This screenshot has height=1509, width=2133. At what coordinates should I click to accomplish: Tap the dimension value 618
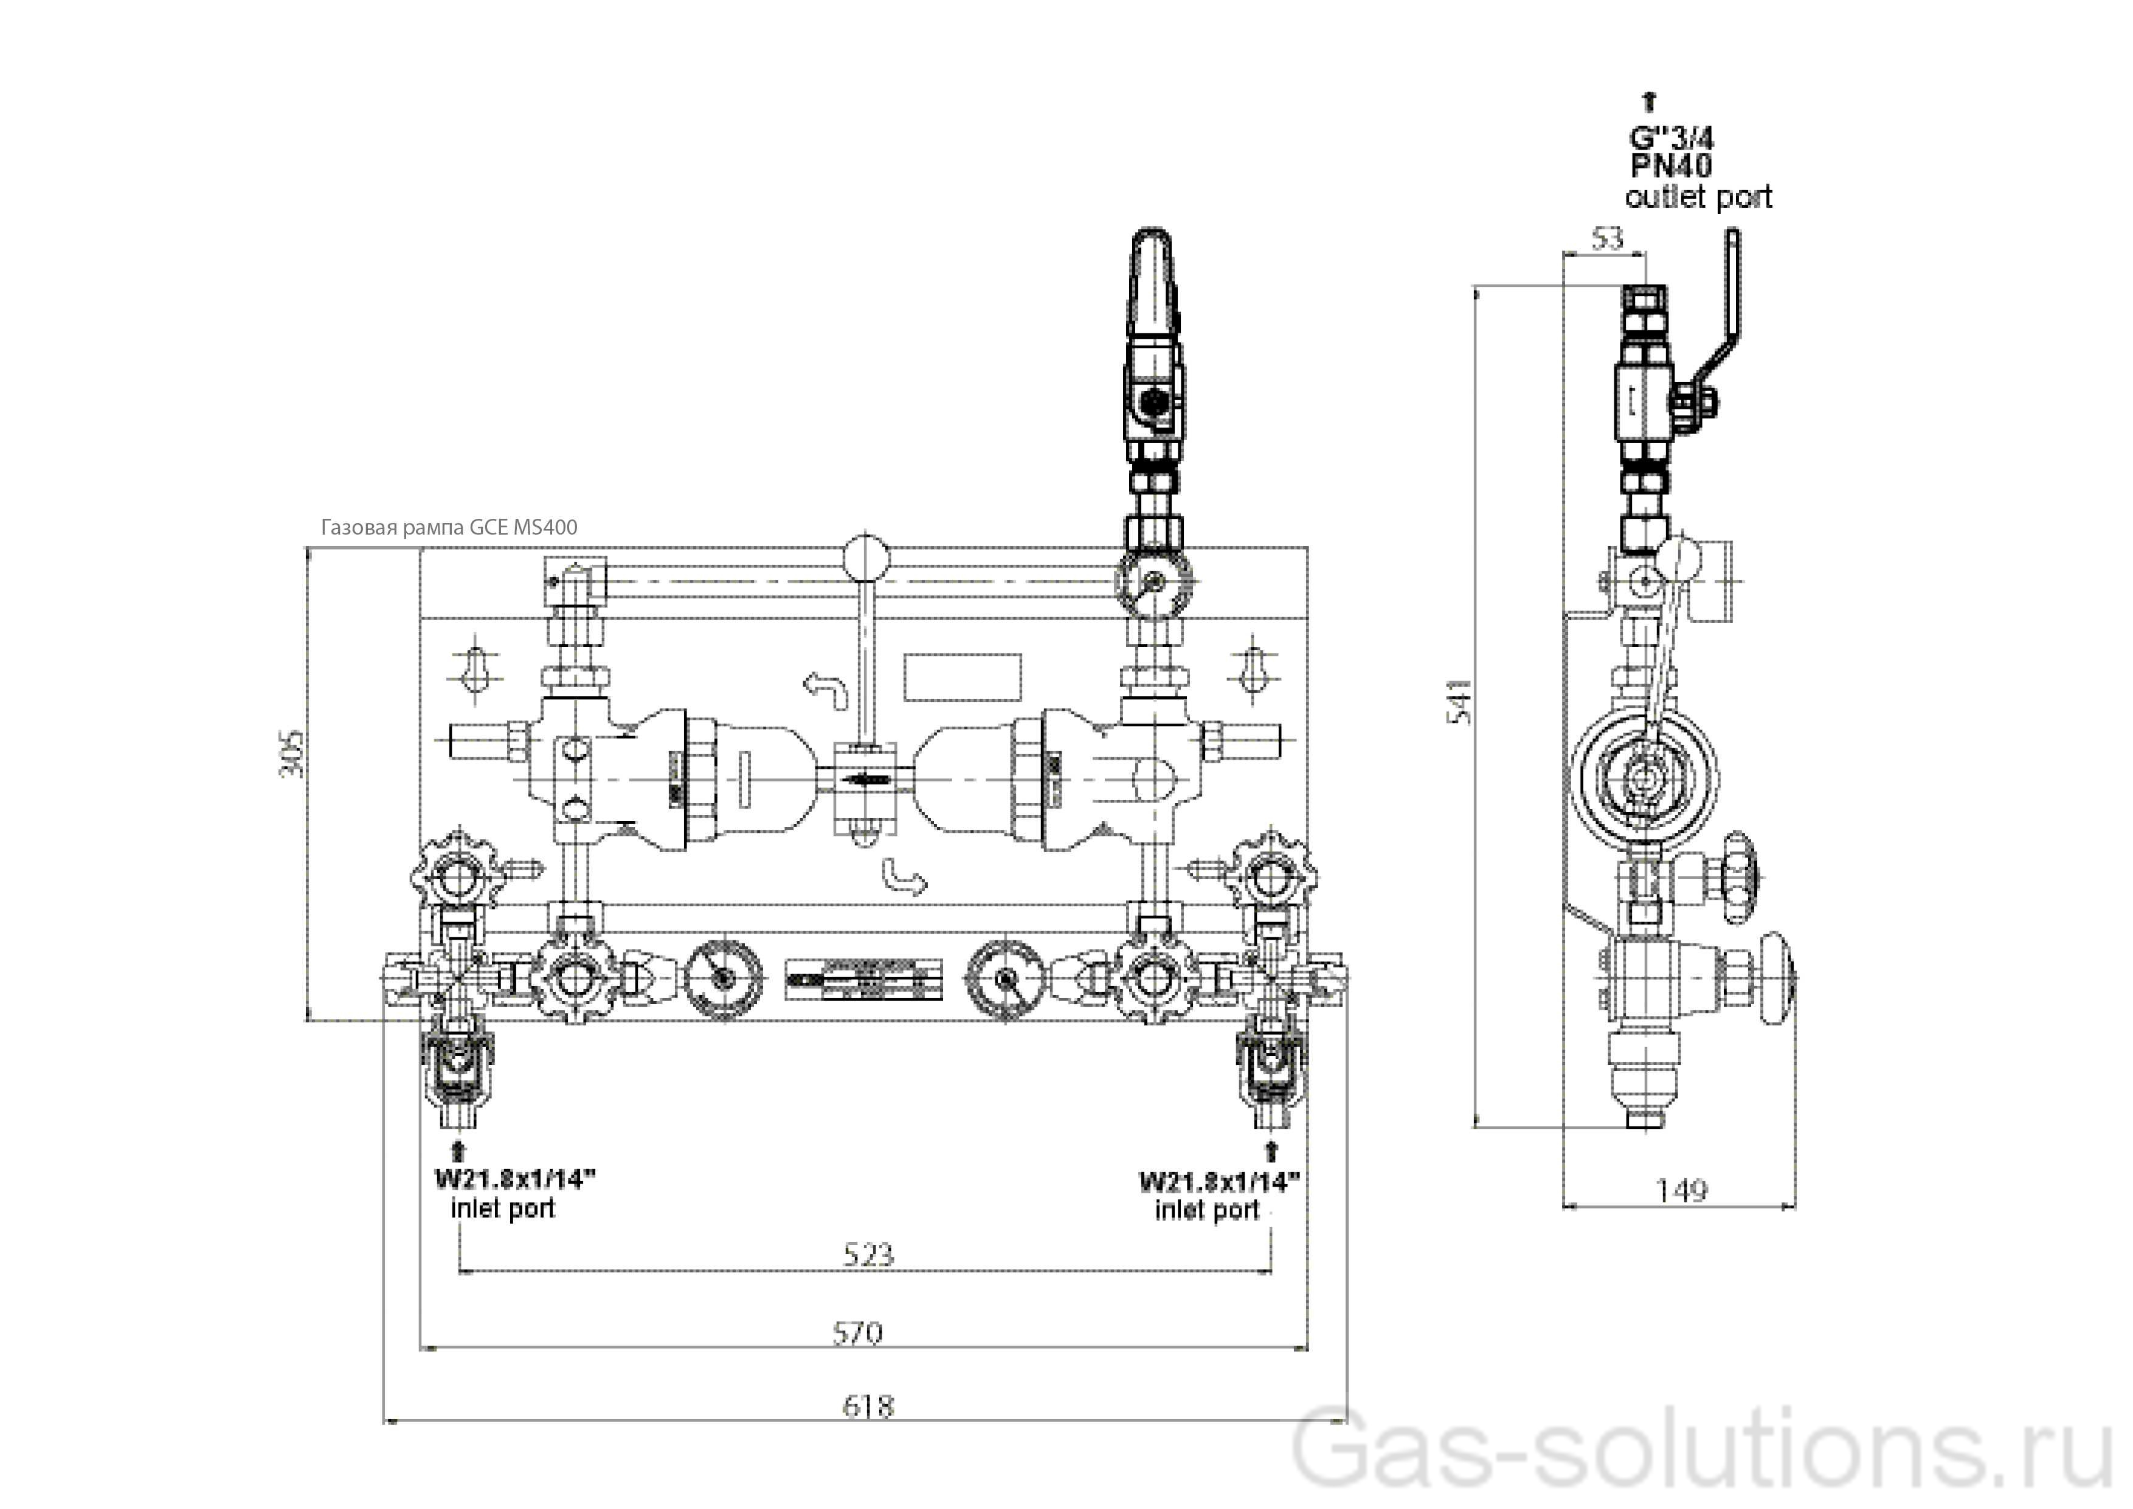(x=868, y=1407)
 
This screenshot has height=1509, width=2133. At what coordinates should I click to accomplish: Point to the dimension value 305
(x=292, y=754)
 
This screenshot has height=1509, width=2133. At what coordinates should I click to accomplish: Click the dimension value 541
(x=1461, y=701)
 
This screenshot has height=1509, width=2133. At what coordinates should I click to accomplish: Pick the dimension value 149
(x=1681, y=1190)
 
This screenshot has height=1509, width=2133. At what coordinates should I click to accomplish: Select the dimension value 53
(x=1607, y=239)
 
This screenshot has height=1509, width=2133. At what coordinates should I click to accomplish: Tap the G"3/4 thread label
(x=1671, y=139)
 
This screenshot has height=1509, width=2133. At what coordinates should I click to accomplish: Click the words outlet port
(x=1698, y=197)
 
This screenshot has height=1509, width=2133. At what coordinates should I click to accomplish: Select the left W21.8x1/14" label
(x=514, y=1179)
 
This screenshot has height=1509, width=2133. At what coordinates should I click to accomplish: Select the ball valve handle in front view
(x=1153, y=279)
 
